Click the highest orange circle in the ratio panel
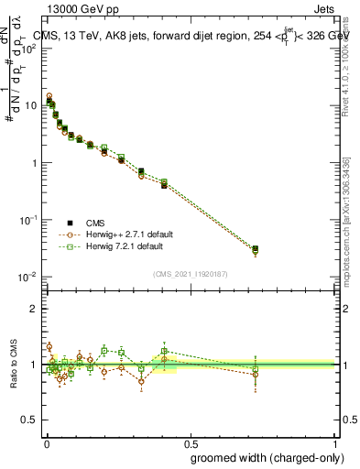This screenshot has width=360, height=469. pos(49,346)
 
